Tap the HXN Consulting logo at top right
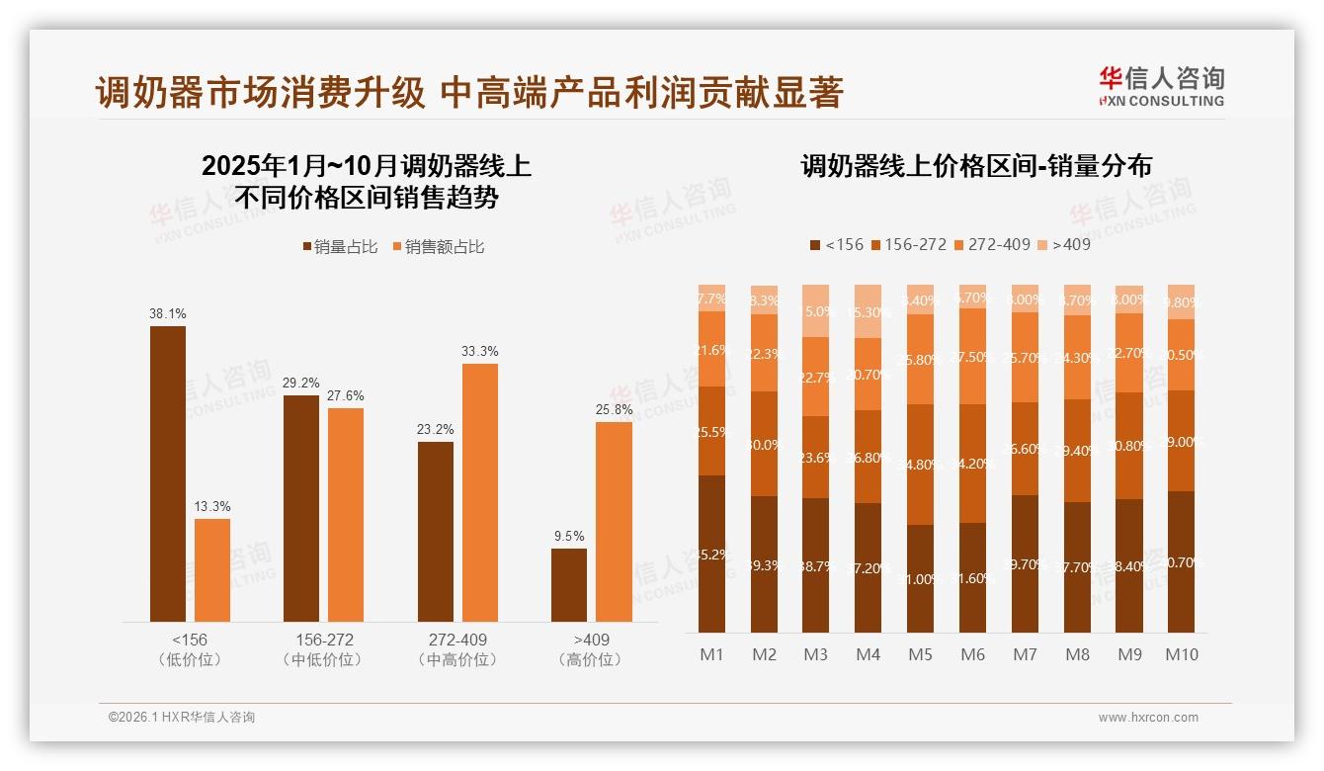[x=1161, y=86]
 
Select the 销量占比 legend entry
[x=339, y=247]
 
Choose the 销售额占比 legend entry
[x=438, y=247]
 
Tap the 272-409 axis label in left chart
[x=457, y=640]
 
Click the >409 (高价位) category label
[x=591, y=649]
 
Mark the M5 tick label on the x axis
[x=920, y=654]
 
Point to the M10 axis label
[x=1181, y=654]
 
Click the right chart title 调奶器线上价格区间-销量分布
[x=976, y=166]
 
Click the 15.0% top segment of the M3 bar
[x=815, y=310]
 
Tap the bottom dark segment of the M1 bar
[x=711, y=554]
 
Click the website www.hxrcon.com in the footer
[x=1148, y=718]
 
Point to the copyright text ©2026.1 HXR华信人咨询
[x=181, y=718]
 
